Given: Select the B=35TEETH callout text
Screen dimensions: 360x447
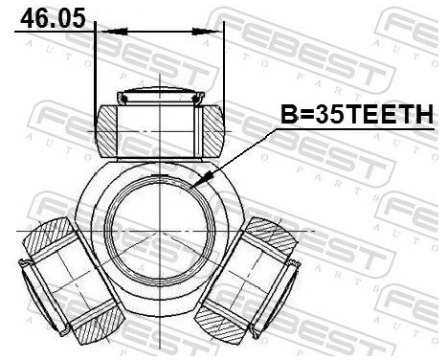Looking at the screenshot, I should point(355,116).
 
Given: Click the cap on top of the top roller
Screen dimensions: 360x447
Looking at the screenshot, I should point(160,96).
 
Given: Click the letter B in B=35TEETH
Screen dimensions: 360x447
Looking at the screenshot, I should point(286,116).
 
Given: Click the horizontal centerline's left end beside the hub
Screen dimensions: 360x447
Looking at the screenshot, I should point(24,231).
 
